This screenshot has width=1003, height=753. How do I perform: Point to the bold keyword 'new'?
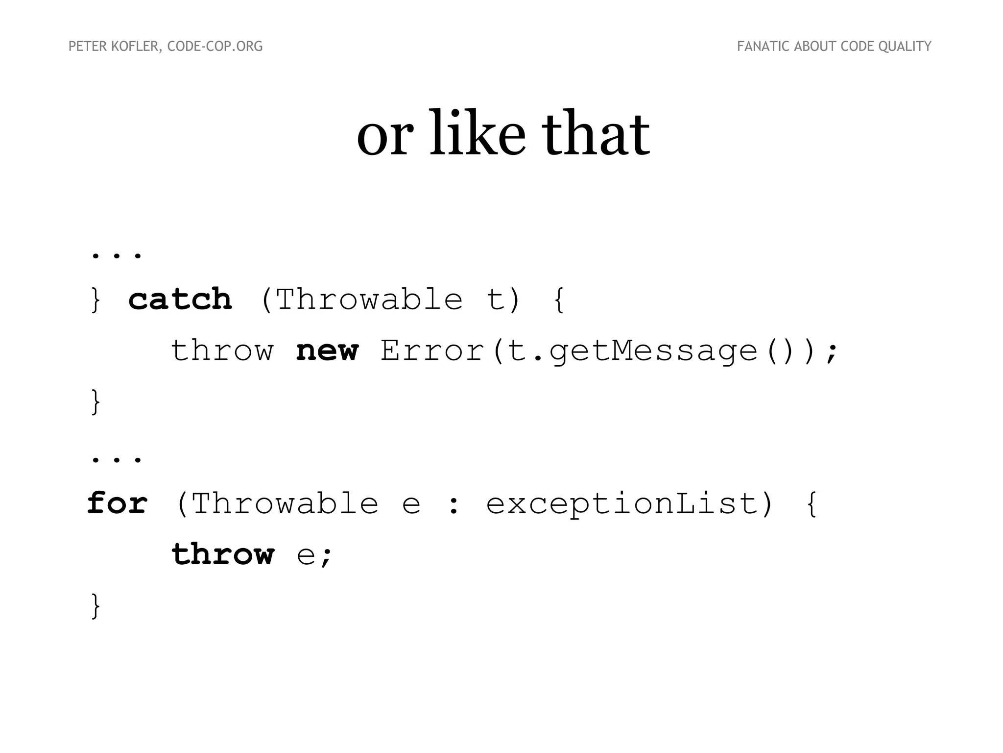tap(327, 351)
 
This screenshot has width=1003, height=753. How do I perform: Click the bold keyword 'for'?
tap(117, 503)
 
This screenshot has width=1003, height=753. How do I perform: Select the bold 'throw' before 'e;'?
tap(222, 554)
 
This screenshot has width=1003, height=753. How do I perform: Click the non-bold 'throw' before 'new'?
tap(222, 351)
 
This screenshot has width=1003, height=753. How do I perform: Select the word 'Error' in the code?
tap(432, 351)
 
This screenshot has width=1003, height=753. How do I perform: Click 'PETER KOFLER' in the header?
tap(114, 47)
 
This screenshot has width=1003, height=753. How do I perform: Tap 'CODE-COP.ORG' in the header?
tap(215, 47)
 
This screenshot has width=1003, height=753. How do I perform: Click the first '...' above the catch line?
tap(117, 255)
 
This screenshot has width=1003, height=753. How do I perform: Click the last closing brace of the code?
tap(96, 606)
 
